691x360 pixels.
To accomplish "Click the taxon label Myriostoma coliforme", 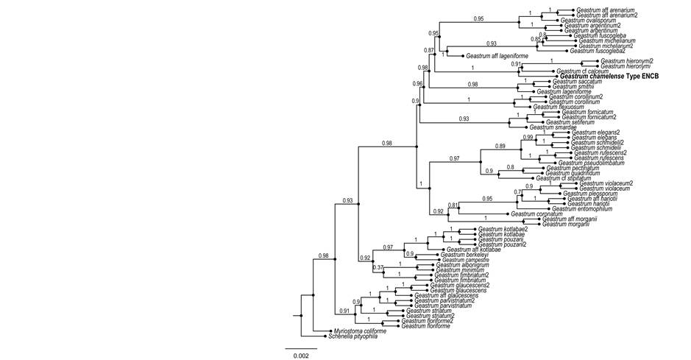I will [x=361, y=331].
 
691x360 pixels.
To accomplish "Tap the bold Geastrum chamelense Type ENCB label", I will [x=608, y=76].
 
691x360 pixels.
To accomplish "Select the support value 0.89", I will [x=500, y=147].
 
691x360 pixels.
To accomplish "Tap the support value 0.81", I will [x=454, y=205].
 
